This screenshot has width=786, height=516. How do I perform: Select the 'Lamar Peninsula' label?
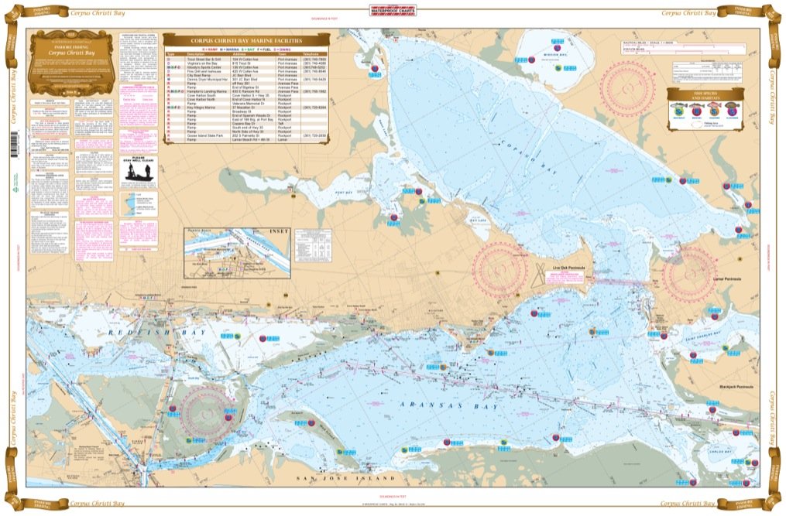pyautogui.click(x=724, y=277)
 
